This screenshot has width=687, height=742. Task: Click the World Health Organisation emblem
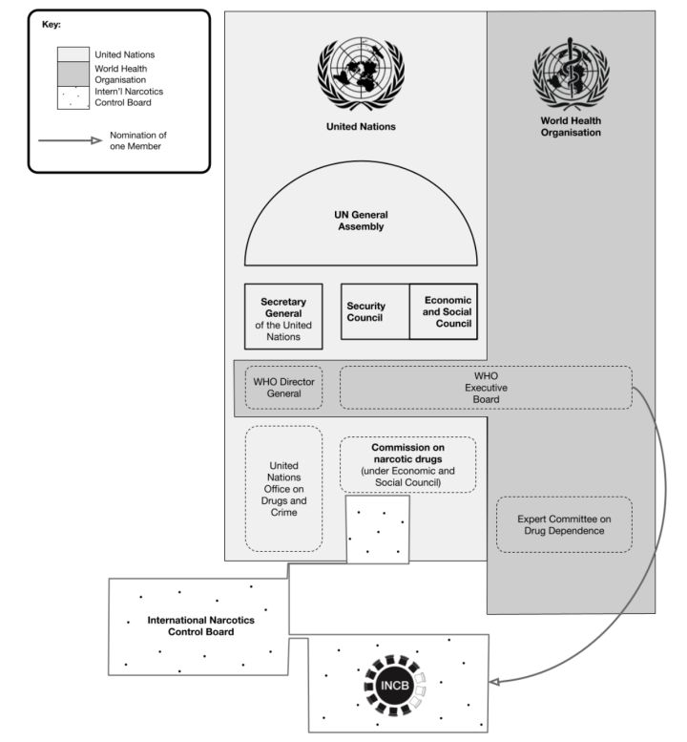(x=572, y=74)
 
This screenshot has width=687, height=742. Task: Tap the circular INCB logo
(x=395, y=686)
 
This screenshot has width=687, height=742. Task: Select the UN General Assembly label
(x=361, y=221)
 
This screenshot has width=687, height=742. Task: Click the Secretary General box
(x=283, y=317)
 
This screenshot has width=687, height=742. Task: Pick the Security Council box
(x=375, y=312)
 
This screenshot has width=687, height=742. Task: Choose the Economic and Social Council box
(x=444, y=312)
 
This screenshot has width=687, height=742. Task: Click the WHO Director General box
(x=283, y=388)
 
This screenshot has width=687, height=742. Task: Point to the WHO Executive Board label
(x=486, y=388)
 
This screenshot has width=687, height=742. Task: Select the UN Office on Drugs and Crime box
(x=283, y=489)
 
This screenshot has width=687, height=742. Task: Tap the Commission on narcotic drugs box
(x=408, y=465)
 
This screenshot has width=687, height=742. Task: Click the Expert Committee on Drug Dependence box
(x=564, y=525)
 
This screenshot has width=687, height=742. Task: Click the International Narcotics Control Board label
(x=201, y=625)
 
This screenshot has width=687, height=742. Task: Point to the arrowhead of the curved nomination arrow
(x=494, y=682)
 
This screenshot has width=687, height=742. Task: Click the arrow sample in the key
(x=71, y=140)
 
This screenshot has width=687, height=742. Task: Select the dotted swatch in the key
(x=73, y=98)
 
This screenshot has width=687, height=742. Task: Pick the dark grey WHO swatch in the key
(x=73, y=74)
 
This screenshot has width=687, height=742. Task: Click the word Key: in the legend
(x=52, y=25)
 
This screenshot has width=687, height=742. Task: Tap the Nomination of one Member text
(x=138, y=140)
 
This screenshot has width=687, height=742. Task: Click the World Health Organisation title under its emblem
(x=571, y=126)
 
